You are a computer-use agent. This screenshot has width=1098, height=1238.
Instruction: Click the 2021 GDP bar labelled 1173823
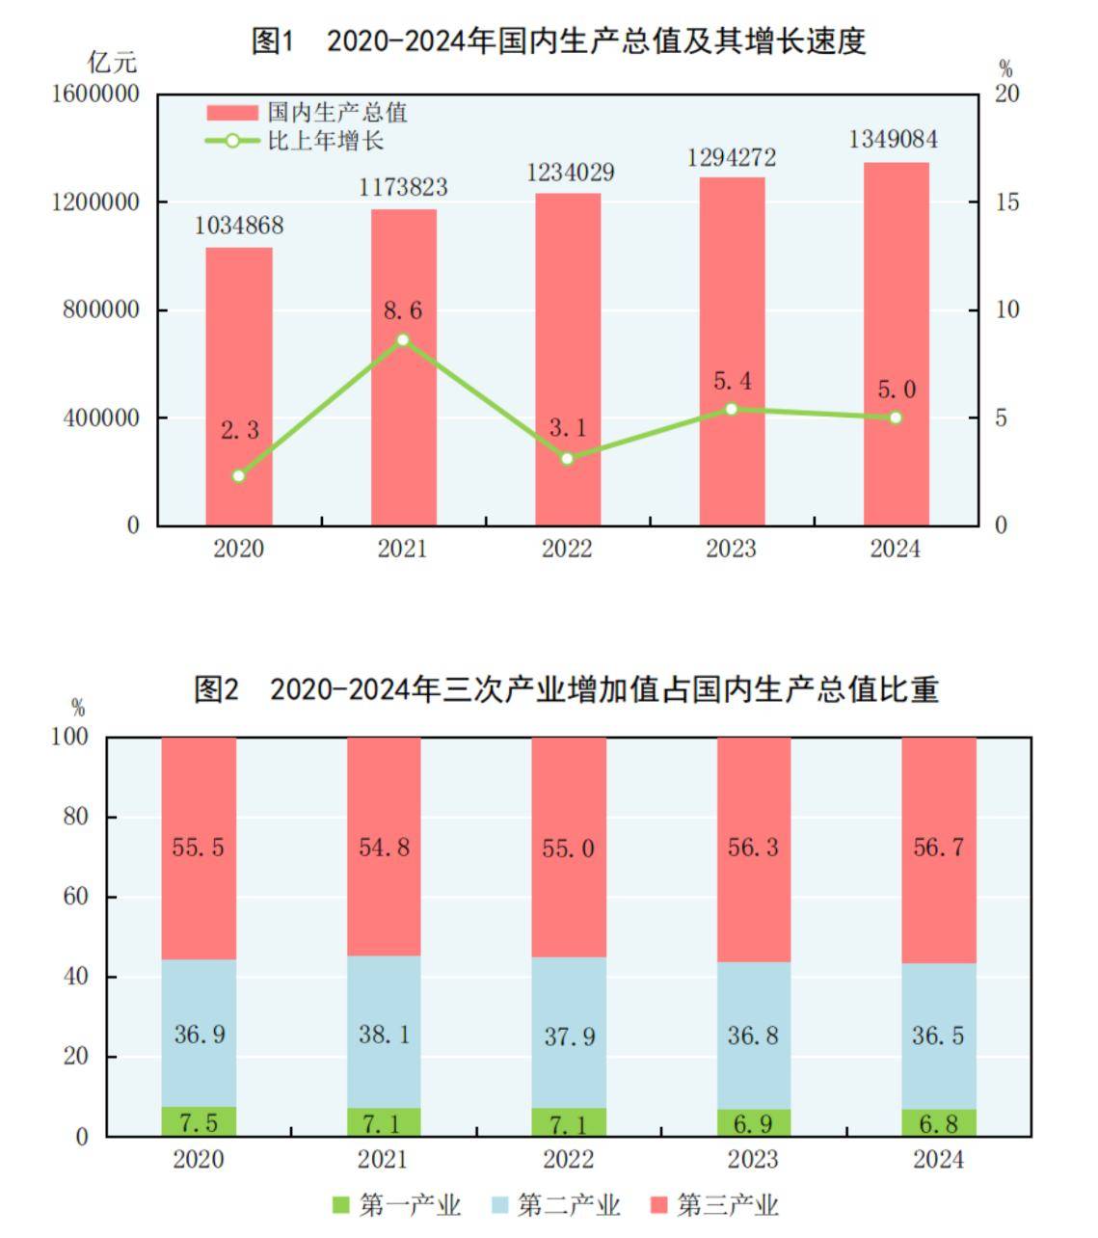pos(403,366)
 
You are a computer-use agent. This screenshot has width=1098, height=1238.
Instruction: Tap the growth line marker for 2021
pos(403,339)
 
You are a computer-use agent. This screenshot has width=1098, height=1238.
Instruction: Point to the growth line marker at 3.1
pos(567,459)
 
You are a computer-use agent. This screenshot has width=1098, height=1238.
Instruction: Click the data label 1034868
pos(239,226)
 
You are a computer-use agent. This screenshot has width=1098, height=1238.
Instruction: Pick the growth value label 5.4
pos(732,381)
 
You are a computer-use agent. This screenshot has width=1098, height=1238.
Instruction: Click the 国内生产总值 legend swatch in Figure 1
pos(231,113)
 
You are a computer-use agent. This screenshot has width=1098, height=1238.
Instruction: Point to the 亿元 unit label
pos(112,63)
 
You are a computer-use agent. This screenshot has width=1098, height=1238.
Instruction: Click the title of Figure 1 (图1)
pos(558,40)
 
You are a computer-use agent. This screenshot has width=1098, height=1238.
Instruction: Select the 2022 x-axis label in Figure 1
pos(567,549)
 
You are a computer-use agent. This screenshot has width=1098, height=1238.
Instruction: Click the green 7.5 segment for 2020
pos(199,1121)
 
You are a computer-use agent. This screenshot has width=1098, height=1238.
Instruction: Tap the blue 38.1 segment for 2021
pos(384,1034)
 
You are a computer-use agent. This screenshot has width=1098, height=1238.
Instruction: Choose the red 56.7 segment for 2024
pos(938,848)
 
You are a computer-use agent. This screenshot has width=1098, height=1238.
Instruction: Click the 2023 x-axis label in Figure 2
pos(753,1159)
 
